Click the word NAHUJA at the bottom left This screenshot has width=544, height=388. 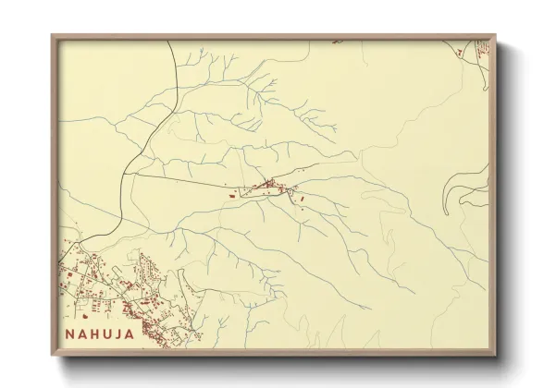click(x=99, y=333)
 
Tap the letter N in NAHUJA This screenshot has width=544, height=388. click(x=70, y=333)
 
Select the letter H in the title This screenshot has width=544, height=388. click(x=93, y=333)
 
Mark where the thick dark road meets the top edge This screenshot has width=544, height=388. click(x=169, y=42)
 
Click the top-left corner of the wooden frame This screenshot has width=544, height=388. click(x=53, y=36)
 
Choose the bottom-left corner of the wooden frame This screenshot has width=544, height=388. click(x=53, y=355)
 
